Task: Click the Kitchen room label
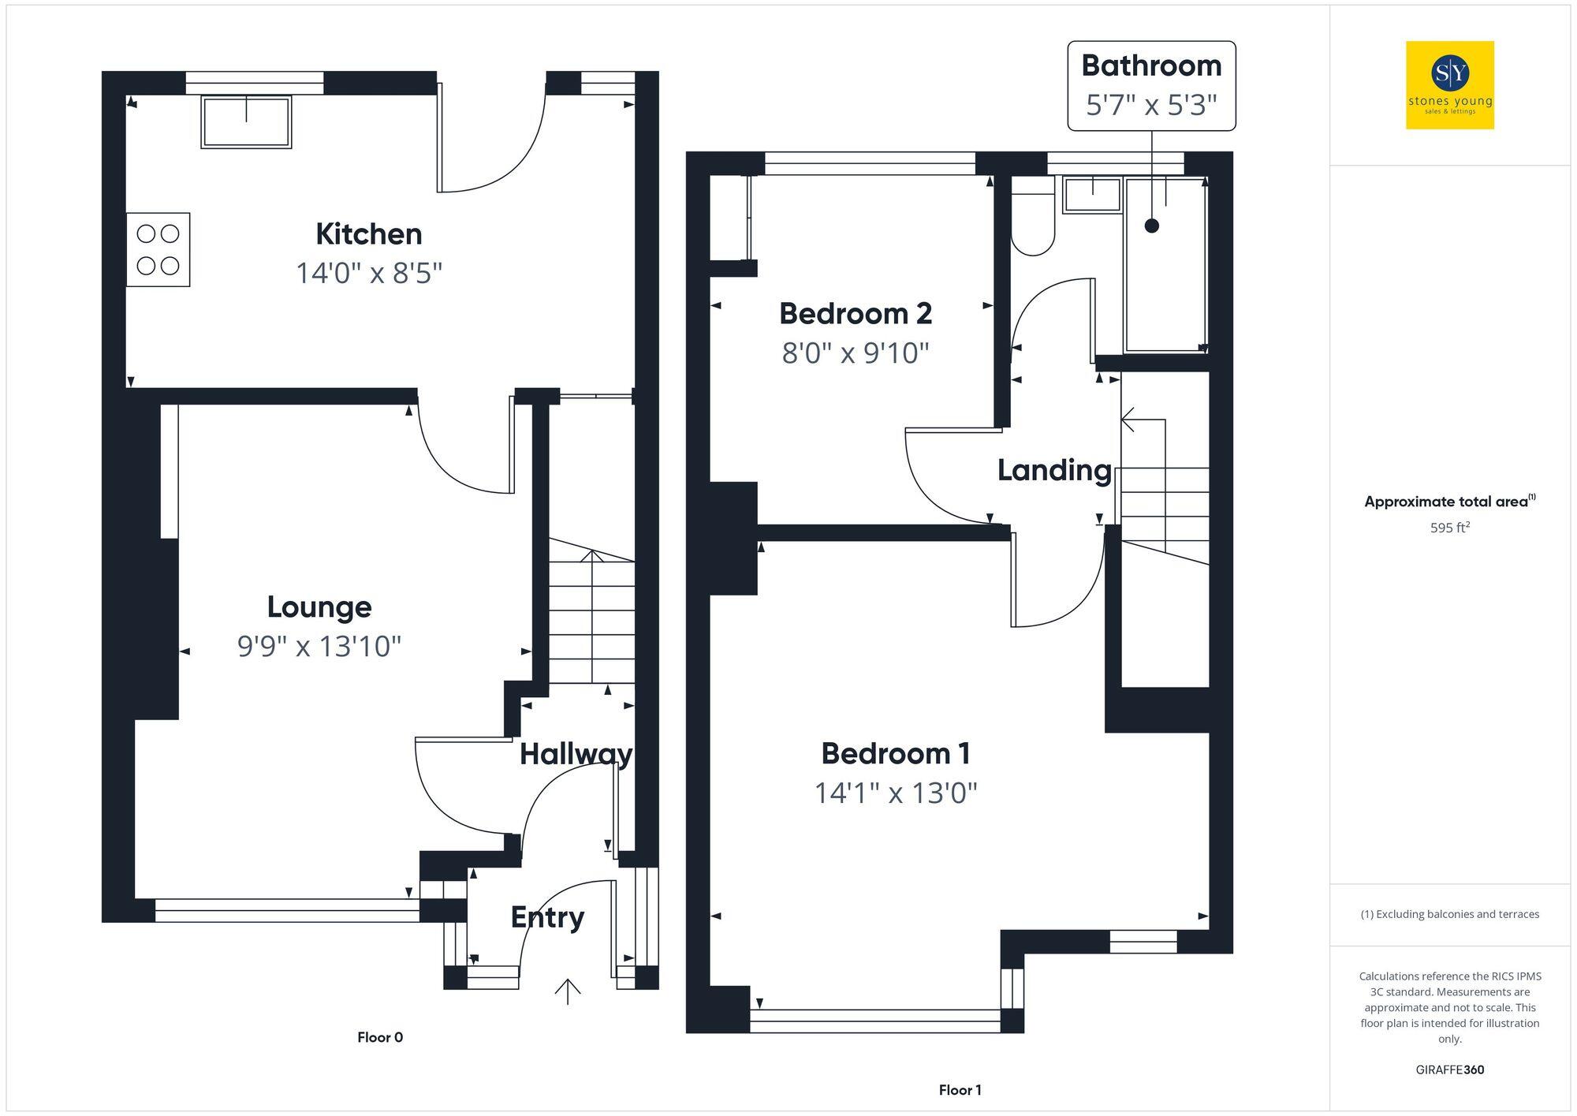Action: click(368, 234)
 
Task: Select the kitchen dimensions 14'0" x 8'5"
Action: click(368, 274)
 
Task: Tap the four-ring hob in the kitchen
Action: click(158, 249)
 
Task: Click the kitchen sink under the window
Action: click(246, 122)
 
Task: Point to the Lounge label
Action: click(319, 607)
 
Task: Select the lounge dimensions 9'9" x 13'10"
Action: click(319, 647)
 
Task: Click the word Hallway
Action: click(576, 754)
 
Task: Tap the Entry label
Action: click(547, 917)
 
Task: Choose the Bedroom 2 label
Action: click(856, 314)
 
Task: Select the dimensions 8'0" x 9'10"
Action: click(856, 353)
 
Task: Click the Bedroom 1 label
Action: click(895, 754)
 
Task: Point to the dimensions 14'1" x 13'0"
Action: click(895, 793)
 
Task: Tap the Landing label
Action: click(1054, 471)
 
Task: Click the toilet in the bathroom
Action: click(1033, 225)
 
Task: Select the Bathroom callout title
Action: click(1151, 65)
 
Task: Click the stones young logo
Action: click(1450, 85)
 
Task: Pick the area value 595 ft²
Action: click(1450, 528)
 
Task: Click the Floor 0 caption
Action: click(380, 1037)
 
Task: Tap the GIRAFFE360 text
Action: click(1450, 1070)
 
